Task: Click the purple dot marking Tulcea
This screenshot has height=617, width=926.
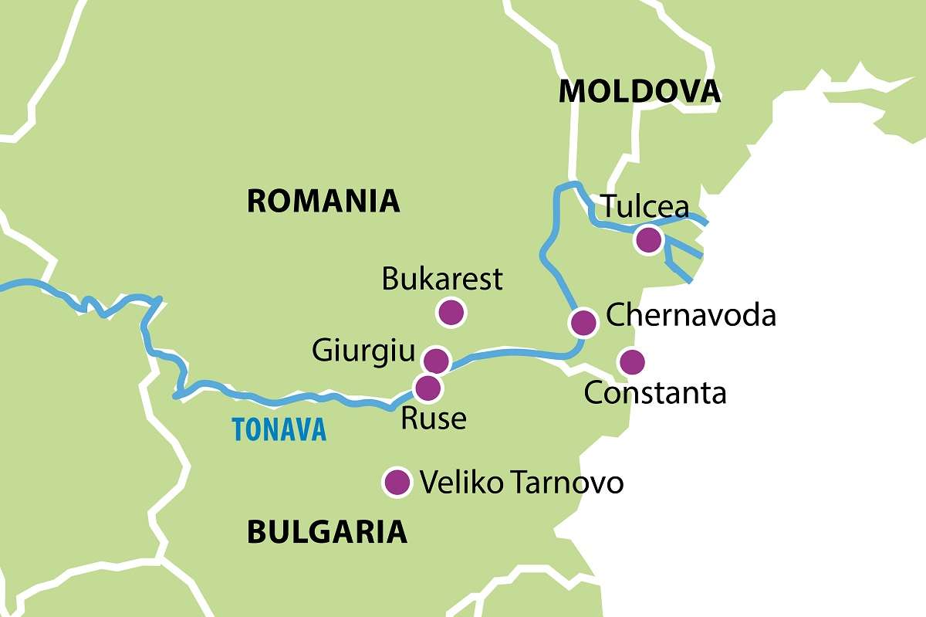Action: (648, 240)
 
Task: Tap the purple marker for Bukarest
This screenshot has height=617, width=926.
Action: (450, 313)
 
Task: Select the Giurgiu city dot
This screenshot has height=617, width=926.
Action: (436, 360)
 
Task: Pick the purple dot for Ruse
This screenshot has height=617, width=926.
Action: (428, 387)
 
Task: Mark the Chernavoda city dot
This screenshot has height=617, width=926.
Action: (583, 321)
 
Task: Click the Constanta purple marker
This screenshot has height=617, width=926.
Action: (632, 361)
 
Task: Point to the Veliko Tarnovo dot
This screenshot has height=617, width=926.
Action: (397, 482)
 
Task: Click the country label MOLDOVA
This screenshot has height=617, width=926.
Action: (639, 92)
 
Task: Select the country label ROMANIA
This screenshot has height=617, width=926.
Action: (323, 202)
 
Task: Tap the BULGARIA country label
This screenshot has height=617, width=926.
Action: (326, 531)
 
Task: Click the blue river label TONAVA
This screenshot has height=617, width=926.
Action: (279, 430)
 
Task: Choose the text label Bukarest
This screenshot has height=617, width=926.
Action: (442, 279)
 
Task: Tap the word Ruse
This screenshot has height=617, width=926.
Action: (433, 419)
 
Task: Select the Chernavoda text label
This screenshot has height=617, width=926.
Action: (691, 315)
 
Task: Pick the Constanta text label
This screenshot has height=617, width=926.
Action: (655, 393)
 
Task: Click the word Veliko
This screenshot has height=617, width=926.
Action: (461, 483)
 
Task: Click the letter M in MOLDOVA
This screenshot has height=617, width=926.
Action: (572, 92)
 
